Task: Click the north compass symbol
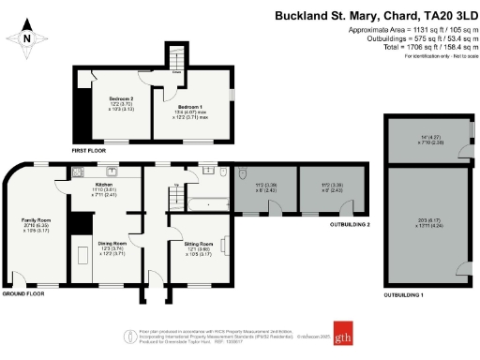tap(28, 37)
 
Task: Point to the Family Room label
tap(37, 225)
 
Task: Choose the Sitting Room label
tap(199, 247)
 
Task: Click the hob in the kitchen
tap(80, 171)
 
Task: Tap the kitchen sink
tap(112, 171)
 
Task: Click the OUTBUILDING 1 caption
tap(403, 295)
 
